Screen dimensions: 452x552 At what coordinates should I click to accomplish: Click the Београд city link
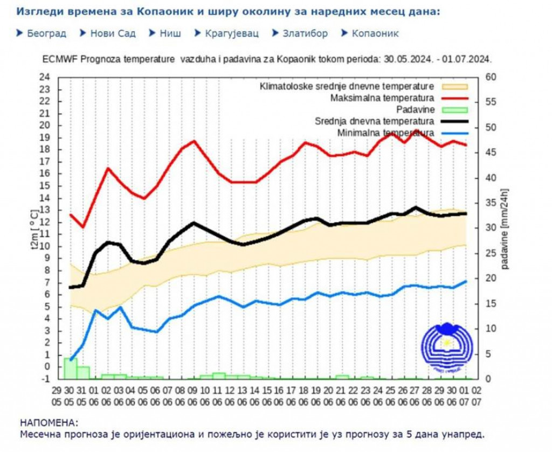tap(46, 33)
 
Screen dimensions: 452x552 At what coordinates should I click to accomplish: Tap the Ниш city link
tap(170, 33)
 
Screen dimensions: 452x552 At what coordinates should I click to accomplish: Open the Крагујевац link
tap(232, 33)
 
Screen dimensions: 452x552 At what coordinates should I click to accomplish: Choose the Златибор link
tap(305, 33)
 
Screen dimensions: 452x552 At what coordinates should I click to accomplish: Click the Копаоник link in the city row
tap(375, 33)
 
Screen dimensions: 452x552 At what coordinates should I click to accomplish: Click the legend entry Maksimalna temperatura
tap(382, 98)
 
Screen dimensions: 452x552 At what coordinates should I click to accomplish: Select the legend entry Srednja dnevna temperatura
tap(374, 121)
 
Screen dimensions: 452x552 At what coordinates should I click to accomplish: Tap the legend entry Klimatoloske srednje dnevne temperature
tap(347, 86)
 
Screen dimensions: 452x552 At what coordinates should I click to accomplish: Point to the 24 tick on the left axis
tap(45, 77)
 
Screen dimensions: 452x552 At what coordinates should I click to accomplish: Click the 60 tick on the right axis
tap(491, 77)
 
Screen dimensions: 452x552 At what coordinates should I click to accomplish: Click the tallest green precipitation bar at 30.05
tap(71, 368)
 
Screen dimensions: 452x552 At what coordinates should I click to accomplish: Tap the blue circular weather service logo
tap(446, 348)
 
